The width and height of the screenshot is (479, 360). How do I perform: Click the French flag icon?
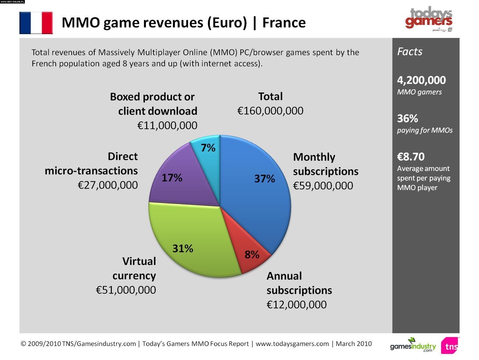pos(36,23)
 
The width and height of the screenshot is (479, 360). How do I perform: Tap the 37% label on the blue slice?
pos(264,179)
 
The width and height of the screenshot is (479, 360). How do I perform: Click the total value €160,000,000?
pos(270,111)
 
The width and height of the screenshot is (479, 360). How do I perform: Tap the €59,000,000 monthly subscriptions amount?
pos(323,186)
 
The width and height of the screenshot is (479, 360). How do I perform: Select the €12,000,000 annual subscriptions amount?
pos(297,305)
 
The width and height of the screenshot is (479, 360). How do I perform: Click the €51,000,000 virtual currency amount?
pos(126,290)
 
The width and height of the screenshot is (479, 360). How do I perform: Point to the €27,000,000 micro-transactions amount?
pos(108,185)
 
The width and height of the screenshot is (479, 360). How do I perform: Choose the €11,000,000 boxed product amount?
pos(167,126)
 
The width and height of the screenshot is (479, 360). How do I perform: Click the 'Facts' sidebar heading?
pos(410,52)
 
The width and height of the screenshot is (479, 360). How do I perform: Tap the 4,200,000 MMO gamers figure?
pos(421,80)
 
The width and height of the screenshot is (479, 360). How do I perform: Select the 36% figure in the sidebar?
pos(407,119)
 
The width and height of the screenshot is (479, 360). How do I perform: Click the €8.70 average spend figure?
pos(411,157)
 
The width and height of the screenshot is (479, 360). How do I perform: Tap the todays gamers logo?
pos(429,18)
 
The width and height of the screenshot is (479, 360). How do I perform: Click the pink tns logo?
pos(450,346)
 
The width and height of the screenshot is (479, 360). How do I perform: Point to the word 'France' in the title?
pos(284,23)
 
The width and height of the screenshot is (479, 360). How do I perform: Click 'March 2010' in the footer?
pos(354,344)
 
